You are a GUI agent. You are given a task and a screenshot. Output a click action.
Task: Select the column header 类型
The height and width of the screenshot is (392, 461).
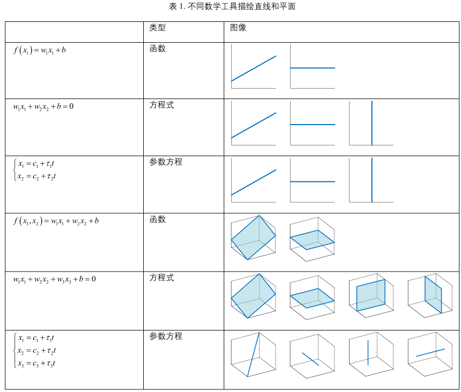(x=158, y=28)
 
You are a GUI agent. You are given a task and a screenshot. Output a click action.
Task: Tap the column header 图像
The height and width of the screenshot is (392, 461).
(x=238, y=28)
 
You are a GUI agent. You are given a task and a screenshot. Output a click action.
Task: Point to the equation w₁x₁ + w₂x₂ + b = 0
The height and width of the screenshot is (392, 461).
(x=43, y=107)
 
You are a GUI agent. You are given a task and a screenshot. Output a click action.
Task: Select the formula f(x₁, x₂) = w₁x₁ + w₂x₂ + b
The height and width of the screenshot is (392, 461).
(x=56, y=222)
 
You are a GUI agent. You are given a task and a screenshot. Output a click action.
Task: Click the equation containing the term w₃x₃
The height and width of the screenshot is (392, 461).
(x=55, y=279)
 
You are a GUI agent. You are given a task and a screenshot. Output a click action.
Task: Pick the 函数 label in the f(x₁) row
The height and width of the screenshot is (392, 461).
(x=158, y=48)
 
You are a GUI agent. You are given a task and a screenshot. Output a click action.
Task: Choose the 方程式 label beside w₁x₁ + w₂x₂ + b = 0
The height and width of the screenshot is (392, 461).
(x=162, y=105)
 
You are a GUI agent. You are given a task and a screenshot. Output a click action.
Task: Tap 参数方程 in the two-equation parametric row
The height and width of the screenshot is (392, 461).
(x=166, y=162)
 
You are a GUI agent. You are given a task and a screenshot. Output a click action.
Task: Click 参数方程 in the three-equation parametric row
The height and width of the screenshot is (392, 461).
(x=166, y=336)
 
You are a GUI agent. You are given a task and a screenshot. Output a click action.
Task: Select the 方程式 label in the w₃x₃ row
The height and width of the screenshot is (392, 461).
(x=162, y=278)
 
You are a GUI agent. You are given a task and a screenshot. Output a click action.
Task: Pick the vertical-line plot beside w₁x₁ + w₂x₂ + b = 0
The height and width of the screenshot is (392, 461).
(x=371, y=123)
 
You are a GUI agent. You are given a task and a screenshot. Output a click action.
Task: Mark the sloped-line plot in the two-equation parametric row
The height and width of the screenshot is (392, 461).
(x=254, y=180)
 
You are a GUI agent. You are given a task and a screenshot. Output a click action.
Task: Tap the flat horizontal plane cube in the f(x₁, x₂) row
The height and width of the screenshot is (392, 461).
(x=312, y=238)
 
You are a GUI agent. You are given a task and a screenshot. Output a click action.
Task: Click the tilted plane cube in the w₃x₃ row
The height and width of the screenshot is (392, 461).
(x=254, y=296)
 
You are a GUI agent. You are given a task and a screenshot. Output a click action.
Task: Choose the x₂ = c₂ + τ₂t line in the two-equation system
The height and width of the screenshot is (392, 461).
(x=36, y=177)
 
